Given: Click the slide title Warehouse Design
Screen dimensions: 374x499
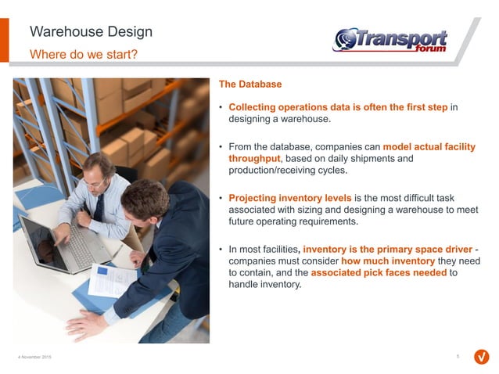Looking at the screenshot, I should [91, 32].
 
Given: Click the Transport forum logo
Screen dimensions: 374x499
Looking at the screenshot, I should [391, 40].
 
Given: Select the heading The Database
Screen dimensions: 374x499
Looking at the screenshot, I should [249, 84].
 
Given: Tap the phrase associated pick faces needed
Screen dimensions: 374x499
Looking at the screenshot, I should [379, 272].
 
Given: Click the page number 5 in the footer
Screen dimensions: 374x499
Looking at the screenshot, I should [457, 356].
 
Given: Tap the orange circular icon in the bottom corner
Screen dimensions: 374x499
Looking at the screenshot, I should [482, 357].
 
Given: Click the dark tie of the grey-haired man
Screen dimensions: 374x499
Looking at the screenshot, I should [99, 208].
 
